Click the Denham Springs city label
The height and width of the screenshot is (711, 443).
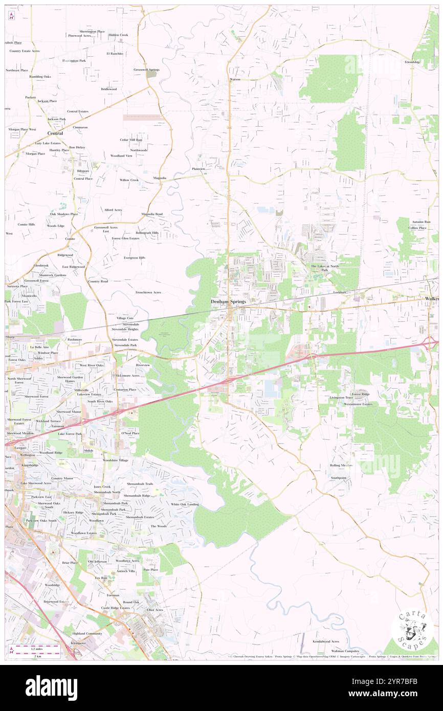coord(228,302)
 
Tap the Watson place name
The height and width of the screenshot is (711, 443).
coord(235,79)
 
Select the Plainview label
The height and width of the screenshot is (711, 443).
coord(198,169)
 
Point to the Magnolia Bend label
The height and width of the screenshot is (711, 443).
coord(152,214)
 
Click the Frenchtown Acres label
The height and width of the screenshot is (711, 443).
coord(148,292)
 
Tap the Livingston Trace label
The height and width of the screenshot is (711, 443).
coord(341,397)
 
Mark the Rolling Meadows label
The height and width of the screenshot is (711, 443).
coord(341,465)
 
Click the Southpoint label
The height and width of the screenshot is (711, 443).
coord(338,478)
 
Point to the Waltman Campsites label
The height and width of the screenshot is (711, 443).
coord(345,651)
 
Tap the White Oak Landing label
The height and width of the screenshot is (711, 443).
coord(185,504)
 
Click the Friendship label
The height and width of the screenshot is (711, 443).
coord(412,62)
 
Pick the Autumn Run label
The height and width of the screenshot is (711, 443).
coord(420,222)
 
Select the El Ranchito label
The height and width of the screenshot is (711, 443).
coord(115,53)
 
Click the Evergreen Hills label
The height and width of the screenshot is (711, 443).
coord(135,258)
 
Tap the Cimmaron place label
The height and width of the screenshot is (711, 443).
coord(80,127)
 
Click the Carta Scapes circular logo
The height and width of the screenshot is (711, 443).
coord(412,628)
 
